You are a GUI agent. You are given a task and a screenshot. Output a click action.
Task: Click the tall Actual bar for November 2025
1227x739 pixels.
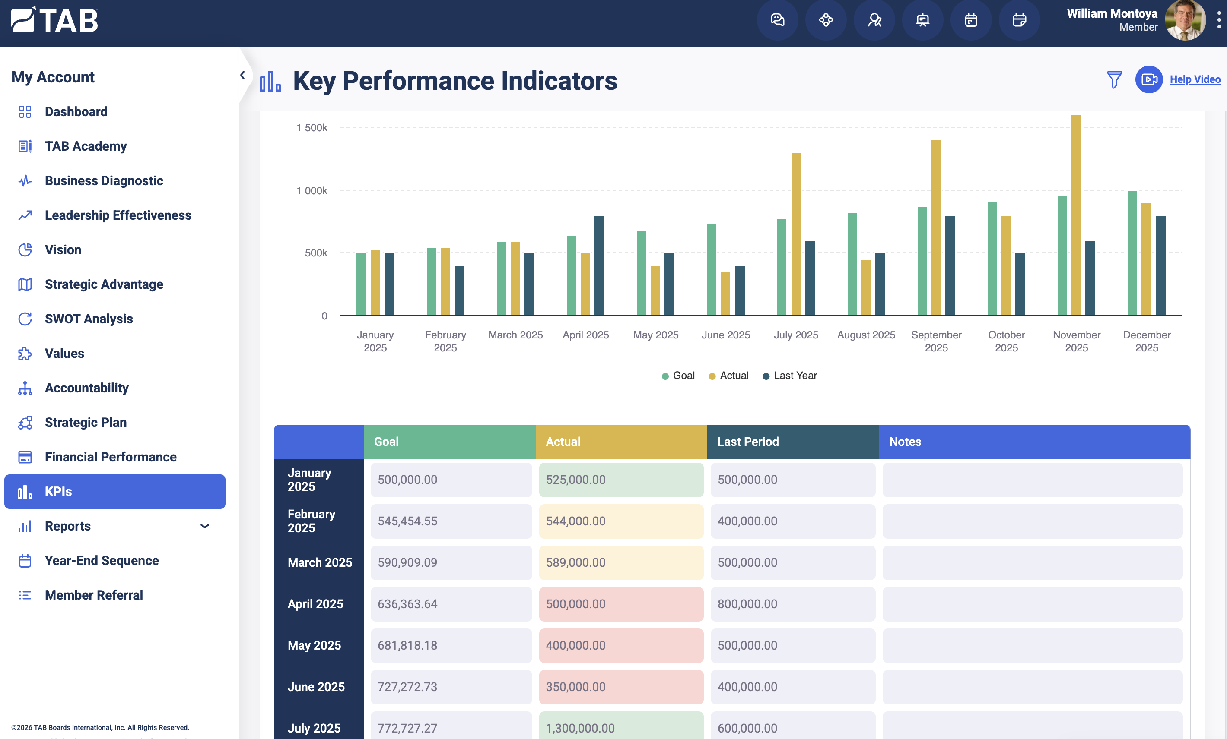coord(1076,215)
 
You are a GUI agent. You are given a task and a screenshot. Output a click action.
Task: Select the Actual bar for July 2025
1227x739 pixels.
coord(796,234)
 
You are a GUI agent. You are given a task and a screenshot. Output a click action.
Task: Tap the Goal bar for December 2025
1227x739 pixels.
coord(1132,253)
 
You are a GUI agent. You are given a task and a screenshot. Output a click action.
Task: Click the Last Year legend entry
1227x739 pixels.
coord(790,376)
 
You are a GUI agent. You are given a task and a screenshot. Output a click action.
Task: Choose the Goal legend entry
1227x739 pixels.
coord(678,376)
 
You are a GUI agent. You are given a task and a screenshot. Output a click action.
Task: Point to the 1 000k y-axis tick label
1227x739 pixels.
coord(312,191)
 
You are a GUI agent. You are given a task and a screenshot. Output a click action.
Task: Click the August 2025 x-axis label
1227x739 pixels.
coord(866,335)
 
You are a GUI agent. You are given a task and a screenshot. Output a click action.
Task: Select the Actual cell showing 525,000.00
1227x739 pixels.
coord(621,480)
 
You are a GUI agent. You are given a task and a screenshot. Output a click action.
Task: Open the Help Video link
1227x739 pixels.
coord(1195,79)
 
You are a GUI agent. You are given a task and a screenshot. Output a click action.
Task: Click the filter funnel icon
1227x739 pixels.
coord(1114,79)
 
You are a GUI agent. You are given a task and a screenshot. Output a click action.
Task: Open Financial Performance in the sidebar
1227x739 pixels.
coord(111,457)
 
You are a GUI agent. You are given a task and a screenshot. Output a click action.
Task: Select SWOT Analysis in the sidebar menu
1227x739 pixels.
coord(89,319)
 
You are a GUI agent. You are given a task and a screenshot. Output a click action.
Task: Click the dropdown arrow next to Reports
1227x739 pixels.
coord(205,526)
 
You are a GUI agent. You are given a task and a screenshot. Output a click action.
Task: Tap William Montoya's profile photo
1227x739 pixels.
coord(1185,20)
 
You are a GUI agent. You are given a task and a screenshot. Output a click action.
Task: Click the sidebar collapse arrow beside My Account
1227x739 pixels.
coord(242,75)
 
